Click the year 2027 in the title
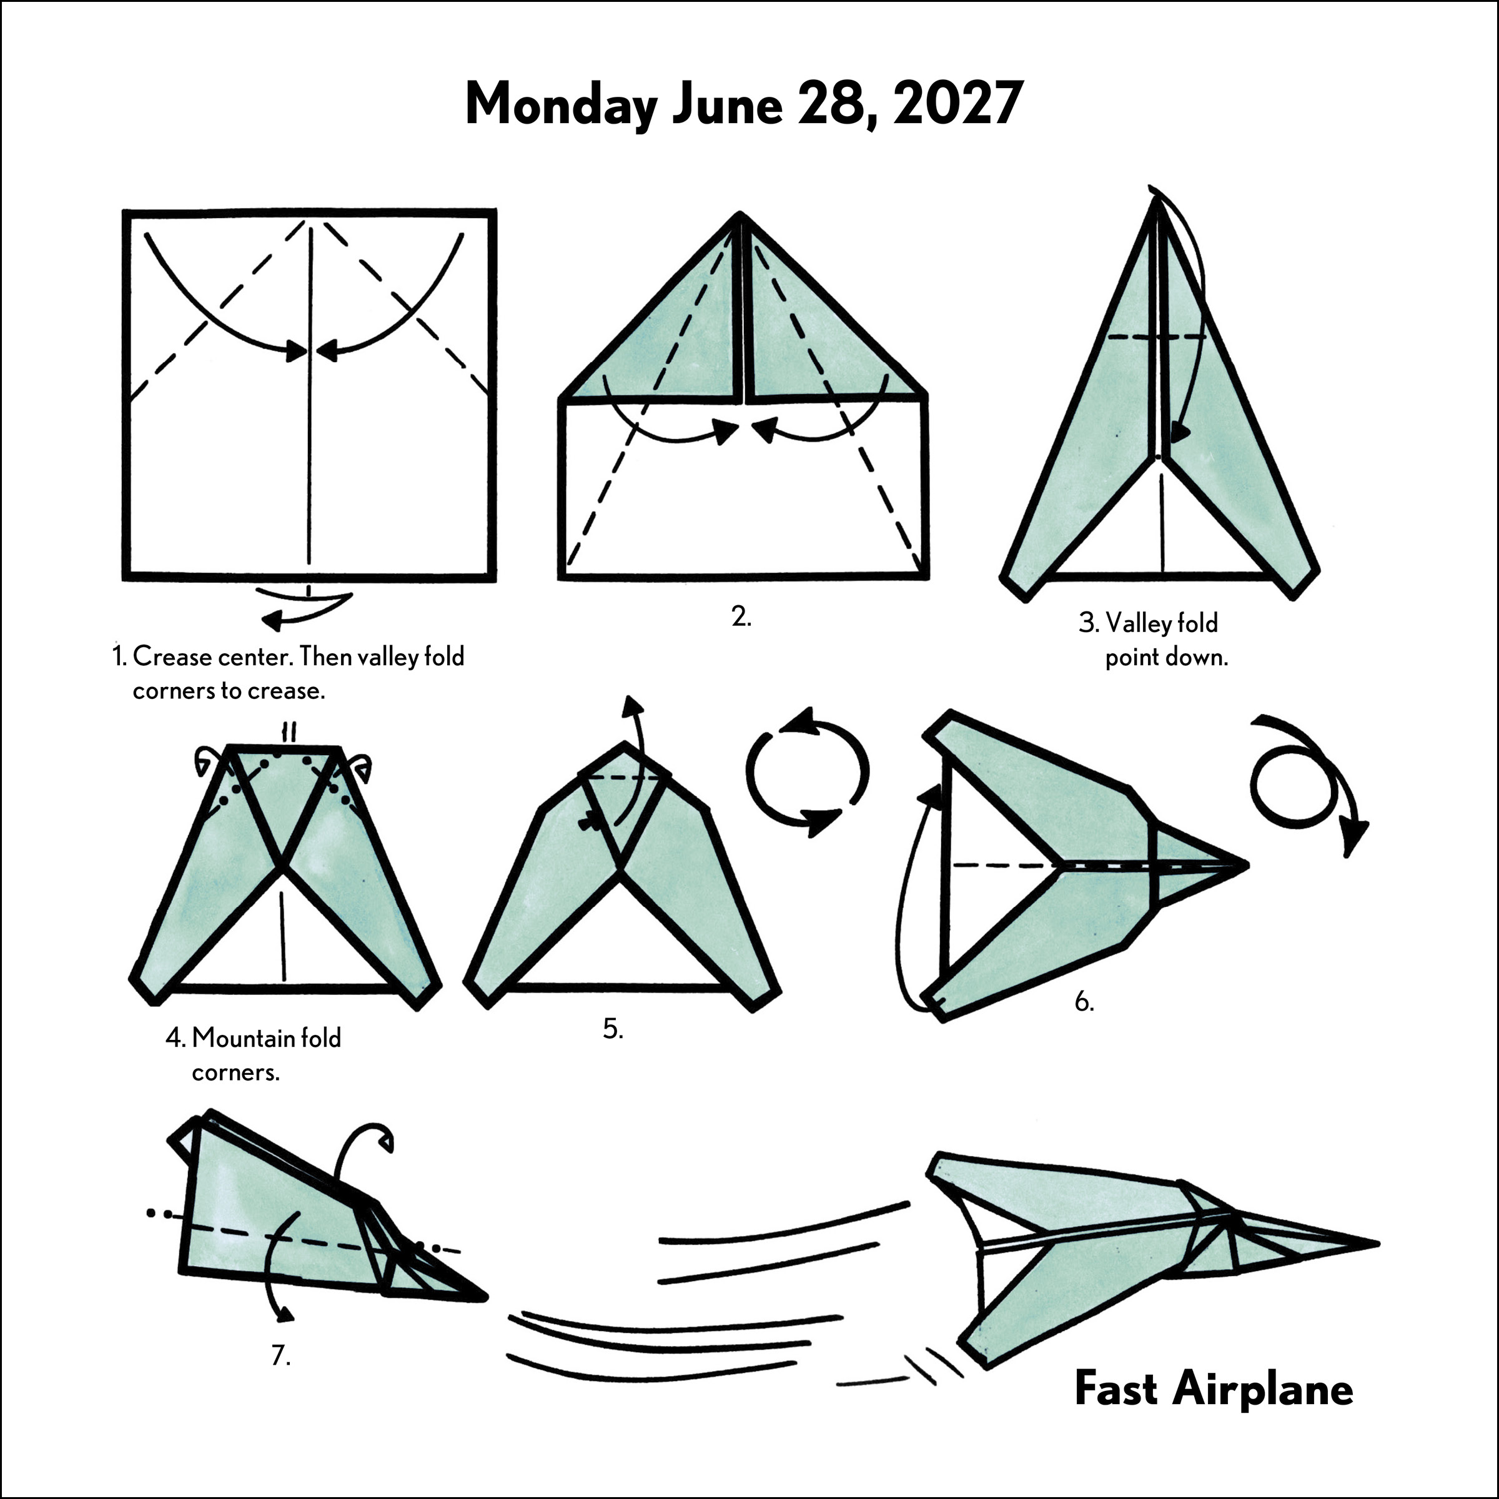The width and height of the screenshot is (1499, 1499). pos(955,103)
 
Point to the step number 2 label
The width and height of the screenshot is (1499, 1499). pos(741,617)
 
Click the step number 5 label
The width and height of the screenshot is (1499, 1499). pos(613,1029)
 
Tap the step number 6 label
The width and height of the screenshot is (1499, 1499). pos(1084,1002)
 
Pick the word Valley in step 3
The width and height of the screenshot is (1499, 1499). pos(1134,623)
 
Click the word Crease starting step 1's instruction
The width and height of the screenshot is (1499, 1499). pos(172,656)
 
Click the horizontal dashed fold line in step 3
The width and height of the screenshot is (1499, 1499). pos(1156,337)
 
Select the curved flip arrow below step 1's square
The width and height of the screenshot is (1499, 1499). pos(307,605)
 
